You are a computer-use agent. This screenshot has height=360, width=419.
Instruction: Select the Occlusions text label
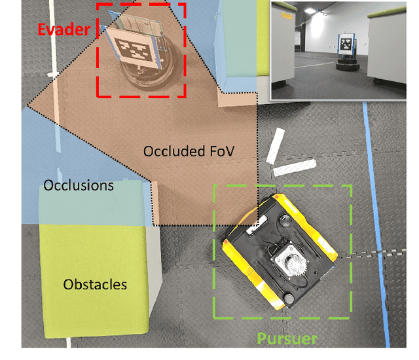pos(78,186)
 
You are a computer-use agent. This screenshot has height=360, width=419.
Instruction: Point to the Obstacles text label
pos(95,284)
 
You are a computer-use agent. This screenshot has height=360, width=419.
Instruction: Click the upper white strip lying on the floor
pos(276,145)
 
